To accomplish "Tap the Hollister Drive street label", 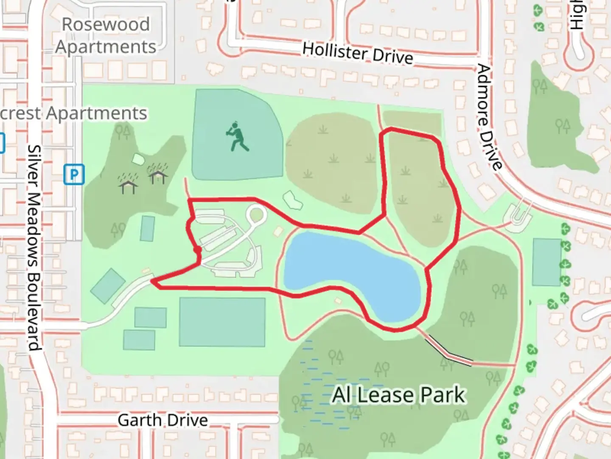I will (358, 53).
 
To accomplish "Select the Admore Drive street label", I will (489, 117).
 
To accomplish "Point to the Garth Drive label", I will (163, 420).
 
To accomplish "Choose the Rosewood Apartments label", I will (106, 36).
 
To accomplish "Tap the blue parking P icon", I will (74, 174).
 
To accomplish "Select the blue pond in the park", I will (348, 272).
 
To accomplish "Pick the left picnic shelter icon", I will (128, 184).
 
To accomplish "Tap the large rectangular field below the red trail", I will (222, 322).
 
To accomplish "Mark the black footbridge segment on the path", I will (449, 350).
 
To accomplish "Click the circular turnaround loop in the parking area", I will (257, 215).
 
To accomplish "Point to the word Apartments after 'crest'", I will (96, 113).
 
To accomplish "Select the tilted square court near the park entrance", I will (108, 286).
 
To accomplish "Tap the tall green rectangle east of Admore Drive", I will (547, 262).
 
